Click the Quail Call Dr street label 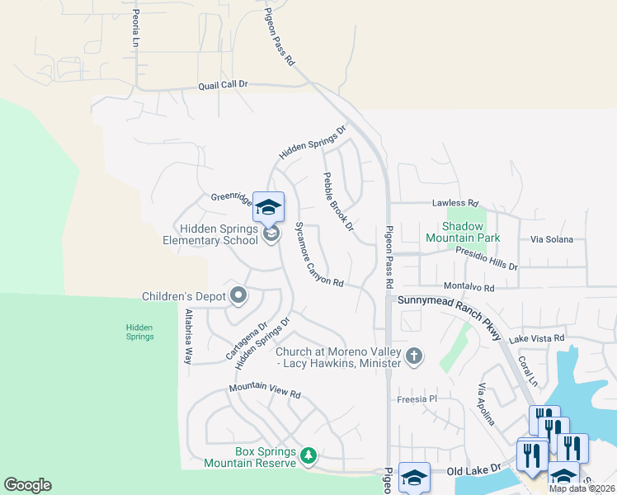tap(223, 85)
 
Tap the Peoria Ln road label tap(134, 30)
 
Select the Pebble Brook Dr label tap(338, 201)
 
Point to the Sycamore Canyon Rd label tap(318, 254)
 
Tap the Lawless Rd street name tap(455, 202)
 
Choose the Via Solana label tap(552, 240)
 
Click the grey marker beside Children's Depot tap(238, 295)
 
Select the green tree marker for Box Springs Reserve tap(308, 455)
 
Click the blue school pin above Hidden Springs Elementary tap(268, 207)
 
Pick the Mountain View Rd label tap(265, 390)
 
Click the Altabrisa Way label tap(188, 337)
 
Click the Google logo tap(27, 485)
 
